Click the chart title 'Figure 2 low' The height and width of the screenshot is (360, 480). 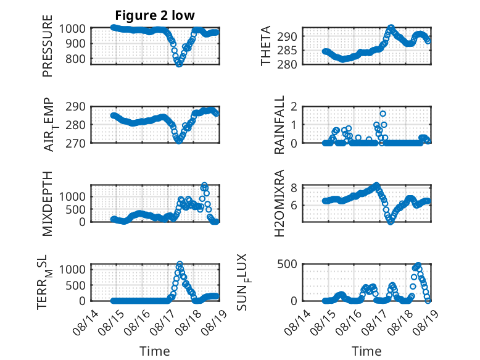(x=155, y=15)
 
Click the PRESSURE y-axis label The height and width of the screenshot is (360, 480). (x=48, y=46)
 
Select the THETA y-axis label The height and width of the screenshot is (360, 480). (x=266, y=46)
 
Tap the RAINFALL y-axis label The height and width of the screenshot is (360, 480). (x=279, y=124)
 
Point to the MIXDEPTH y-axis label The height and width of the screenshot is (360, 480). (x=48, y=204)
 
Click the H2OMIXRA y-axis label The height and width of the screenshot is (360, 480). (x=279, y=203)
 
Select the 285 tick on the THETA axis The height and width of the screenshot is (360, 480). (x=287, y=50)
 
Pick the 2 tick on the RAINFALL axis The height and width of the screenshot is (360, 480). (x=294, y=107)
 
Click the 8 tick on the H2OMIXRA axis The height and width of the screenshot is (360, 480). (x=294, y=188)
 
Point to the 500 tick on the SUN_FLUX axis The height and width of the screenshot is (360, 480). (x=287, y=264)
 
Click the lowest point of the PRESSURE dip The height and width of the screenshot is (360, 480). (x=179, y=64)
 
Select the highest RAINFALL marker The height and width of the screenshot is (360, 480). (x=383, y=114)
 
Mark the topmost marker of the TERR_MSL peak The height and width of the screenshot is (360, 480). (x=180, y=264)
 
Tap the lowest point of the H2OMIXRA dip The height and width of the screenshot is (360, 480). (x=391, y=222)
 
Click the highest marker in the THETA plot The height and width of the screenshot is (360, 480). (x=391, y=28)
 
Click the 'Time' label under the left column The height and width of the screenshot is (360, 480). (x=155, y=351)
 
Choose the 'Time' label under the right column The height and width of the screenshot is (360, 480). (x=366, y=351)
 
